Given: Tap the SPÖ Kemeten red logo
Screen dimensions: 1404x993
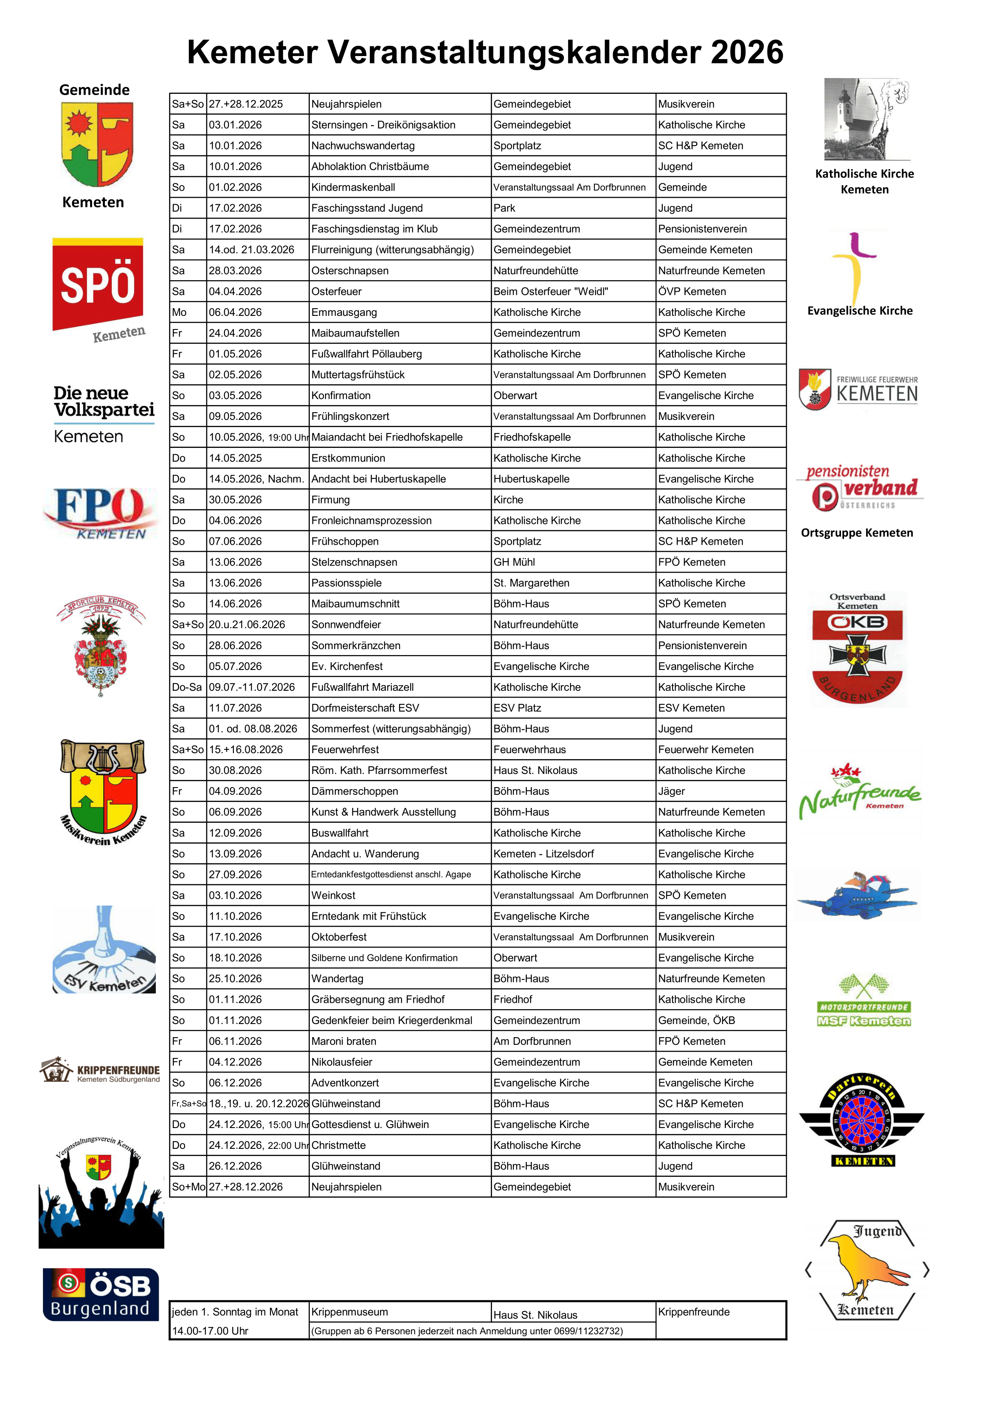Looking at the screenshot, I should tap(98, 284).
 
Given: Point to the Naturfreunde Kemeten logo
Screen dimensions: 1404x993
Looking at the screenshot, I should tap(860, 793).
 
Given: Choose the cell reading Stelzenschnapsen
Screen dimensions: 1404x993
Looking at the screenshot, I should tap(354, 562).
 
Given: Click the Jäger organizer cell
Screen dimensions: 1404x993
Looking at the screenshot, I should tap(671, 791).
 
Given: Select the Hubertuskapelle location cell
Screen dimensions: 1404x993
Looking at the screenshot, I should tap(532, 479).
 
